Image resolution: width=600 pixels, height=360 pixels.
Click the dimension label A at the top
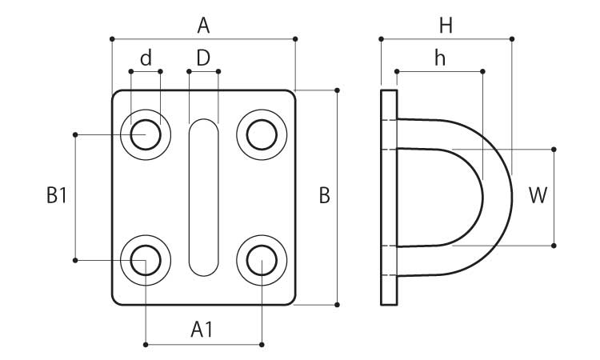[203, 26]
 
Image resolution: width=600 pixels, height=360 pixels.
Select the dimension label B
[324, 196]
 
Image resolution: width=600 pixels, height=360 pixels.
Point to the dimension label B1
[55, 196]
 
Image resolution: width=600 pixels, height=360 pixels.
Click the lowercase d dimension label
[146, 58]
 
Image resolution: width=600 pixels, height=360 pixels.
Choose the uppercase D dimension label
[203, 58]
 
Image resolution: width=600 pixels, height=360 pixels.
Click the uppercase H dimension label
[446, 26]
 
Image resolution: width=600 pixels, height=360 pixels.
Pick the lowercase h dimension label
[439, 58]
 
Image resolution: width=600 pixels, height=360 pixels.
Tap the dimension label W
[538, 196]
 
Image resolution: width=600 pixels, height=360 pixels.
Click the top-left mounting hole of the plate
[146, 134]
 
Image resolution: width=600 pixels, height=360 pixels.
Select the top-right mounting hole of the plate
[262, 134]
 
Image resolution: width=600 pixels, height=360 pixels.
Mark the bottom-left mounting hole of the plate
[146, 260]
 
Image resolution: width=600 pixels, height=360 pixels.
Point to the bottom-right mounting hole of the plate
[262, 260]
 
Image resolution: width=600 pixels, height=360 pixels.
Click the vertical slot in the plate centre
[203, 197]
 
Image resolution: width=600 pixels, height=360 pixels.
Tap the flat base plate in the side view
[389, 197]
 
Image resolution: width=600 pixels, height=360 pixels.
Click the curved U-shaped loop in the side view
[496, 197]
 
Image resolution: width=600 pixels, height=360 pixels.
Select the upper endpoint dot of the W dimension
[554, 149]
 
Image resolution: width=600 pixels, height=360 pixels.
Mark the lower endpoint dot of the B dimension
[337, 305]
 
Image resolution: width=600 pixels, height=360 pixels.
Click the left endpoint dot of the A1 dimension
[146, 345]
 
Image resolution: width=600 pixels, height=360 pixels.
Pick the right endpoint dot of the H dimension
[512, 38]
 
